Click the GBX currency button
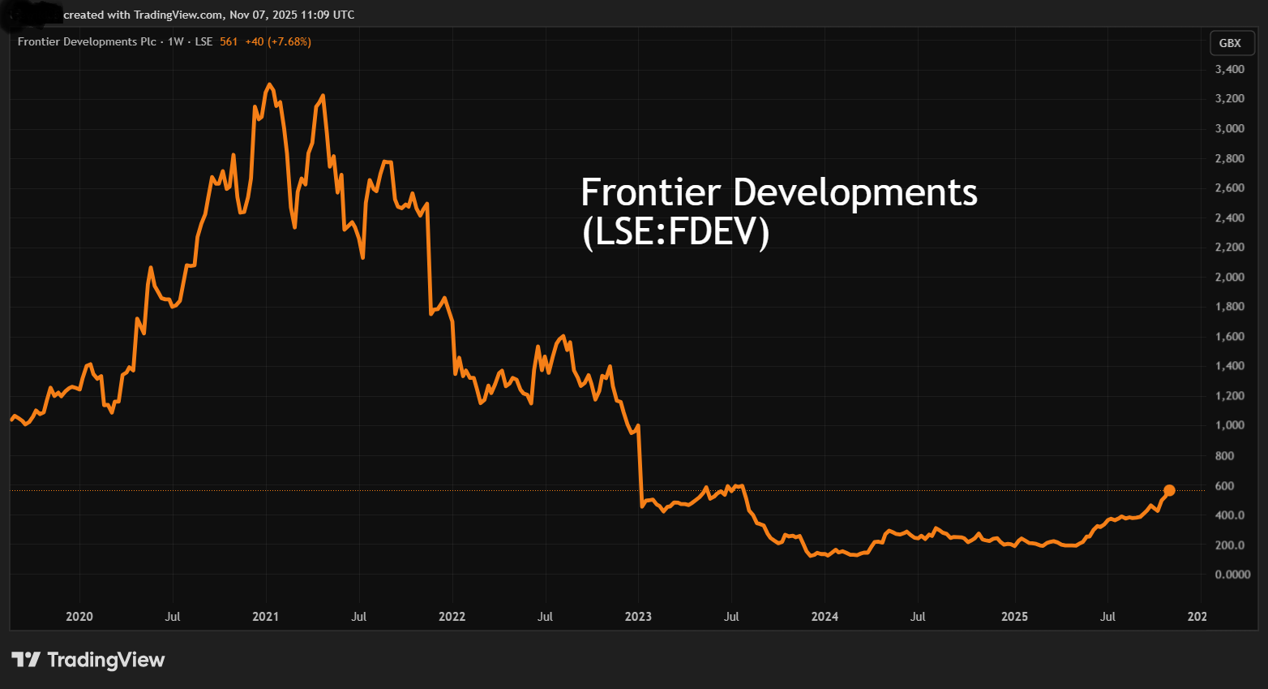(x=1229, y=43)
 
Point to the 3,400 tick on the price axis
(x=1229, y=70)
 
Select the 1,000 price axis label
(x=1229, y=425)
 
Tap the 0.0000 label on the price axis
(x=1232, y=575)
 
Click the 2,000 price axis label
(x=1229, y=278)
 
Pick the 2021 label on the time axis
(x=265, y=617)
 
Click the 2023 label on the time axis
(x=638, y=617)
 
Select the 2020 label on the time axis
(x=79, y=617)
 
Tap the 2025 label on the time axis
(x=1014, y=617)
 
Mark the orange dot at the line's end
(x=1169, y=490)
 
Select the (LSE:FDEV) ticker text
(x=675, y=232)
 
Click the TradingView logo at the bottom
(x=88, y=660)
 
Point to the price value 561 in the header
(x=229, y=41)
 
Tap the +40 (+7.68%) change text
(x=278, y=41)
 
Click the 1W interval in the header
(x=176, y=41)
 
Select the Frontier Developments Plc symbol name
(x=87, y=41)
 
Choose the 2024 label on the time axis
(x=825, y=617)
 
